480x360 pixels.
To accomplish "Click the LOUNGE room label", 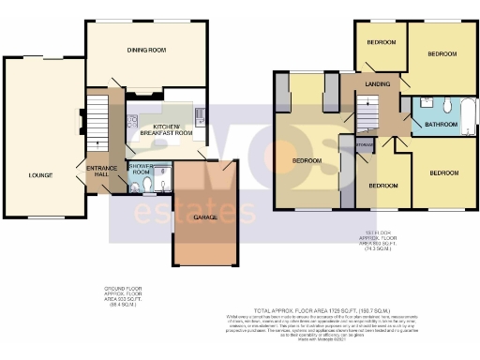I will [x=39, y=174].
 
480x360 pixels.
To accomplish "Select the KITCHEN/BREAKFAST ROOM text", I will [x=166, y=130].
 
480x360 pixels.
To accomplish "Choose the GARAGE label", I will [x=205, y=217].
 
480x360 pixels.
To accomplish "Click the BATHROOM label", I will [x=440, y=124].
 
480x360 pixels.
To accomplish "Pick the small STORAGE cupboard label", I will [x=365, y=144].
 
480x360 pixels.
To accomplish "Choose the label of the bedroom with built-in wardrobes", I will [x=308, y=160].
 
